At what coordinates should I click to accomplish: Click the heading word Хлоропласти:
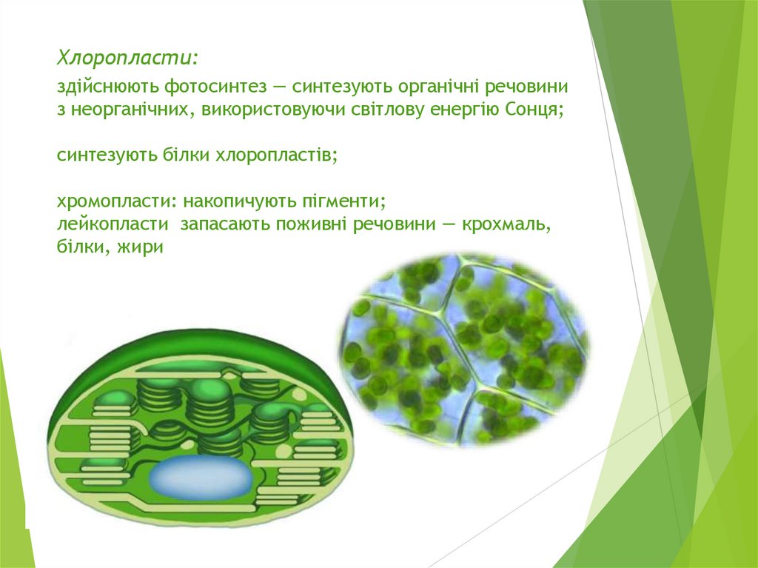[127, 58]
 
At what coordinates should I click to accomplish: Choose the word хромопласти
[116, 201]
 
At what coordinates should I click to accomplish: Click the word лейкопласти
[113, 224]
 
